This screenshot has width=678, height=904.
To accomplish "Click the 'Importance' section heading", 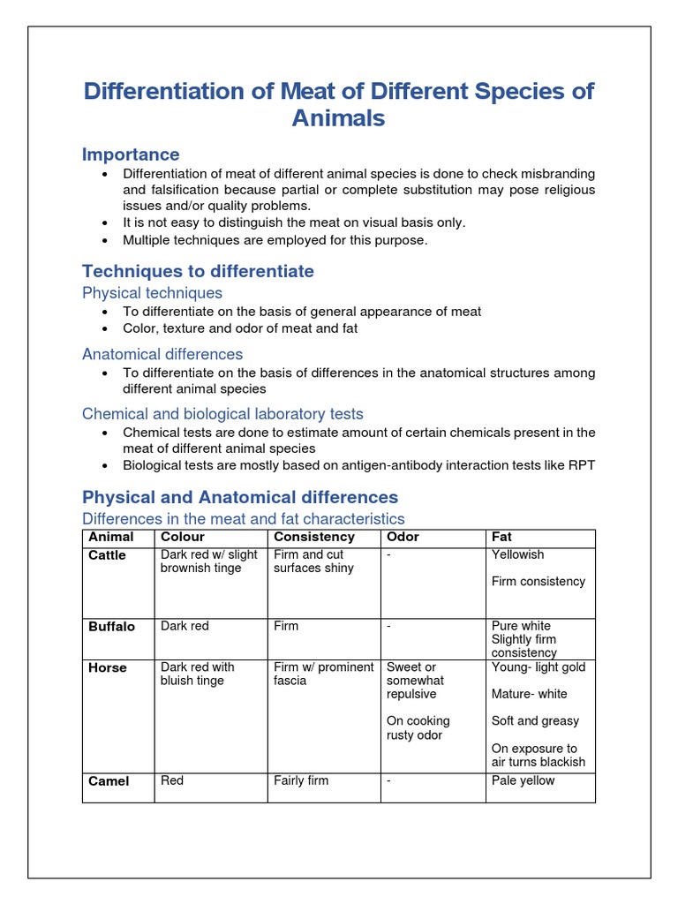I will tap(131, 154).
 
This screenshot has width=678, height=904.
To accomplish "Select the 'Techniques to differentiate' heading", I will tap(198, 271).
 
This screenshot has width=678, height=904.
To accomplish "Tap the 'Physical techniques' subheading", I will tap(152, 293).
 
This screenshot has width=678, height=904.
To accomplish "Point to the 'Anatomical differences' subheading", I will tap(162, 354).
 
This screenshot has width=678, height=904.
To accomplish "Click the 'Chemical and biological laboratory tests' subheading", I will tap(222, 414).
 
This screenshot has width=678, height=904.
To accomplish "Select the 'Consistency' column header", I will tap(314, 537).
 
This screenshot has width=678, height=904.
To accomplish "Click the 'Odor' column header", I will tap(403, 537).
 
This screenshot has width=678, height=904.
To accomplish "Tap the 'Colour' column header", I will tap(182, 537).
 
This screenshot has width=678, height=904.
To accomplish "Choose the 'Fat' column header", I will tap(501, 537).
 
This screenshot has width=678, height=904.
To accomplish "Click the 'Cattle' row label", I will tap(107, 555).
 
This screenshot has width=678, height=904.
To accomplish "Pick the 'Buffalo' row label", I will tap(111, 627).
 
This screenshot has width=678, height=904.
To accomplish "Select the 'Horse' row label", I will tap(107, 668).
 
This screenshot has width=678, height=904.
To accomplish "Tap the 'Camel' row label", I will tap(109, 781).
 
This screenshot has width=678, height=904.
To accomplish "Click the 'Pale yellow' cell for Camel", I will tap(524, 780).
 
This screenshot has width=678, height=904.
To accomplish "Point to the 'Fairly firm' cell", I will tap(301, 780).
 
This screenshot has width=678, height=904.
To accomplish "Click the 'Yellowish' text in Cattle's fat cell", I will tap(518, 554).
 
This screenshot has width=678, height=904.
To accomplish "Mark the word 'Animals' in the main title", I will tap(339, 118).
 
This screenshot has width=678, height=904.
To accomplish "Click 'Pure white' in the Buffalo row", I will tap(523, 626).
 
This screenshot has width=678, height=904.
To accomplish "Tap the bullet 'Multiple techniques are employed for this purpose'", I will tap(275, 240).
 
